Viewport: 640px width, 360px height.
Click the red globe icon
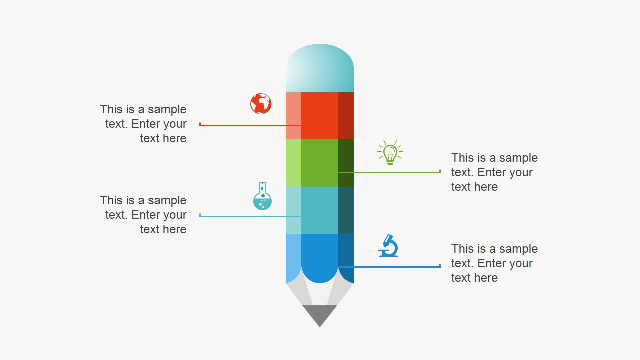click(x=261, y=104)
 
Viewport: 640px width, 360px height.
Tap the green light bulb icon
click(x=390, y=153)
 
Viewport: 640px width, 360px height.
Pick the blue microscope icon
click(x=388, y=245)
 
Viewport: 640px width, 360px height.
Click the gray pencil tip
click(x=320, y=315)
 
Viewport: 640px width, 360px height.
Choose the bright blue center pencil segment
click(x=320, y=255)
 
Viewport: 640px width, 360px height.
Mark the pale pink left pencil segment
click(x=293, y=116)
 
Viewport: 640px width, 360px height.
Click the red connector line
click(x=250, y=125)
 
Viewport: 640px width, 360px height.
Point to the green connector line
click(x=390, y=172)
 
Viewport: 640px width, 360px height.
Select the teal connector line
click(x=250, y=216)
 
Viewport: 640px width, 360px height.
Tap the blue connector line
click(x=390, y=267)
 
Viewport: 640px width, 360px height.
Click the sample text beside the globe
click(x=143, y=124)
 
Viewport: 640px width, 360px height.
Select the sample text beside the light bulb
click(x=494, y=172)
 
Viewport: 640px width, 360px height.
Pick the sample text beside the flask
click(x=143, y=215)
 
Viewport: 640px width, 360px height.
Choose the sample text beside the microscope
click(x=494, y=263)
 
